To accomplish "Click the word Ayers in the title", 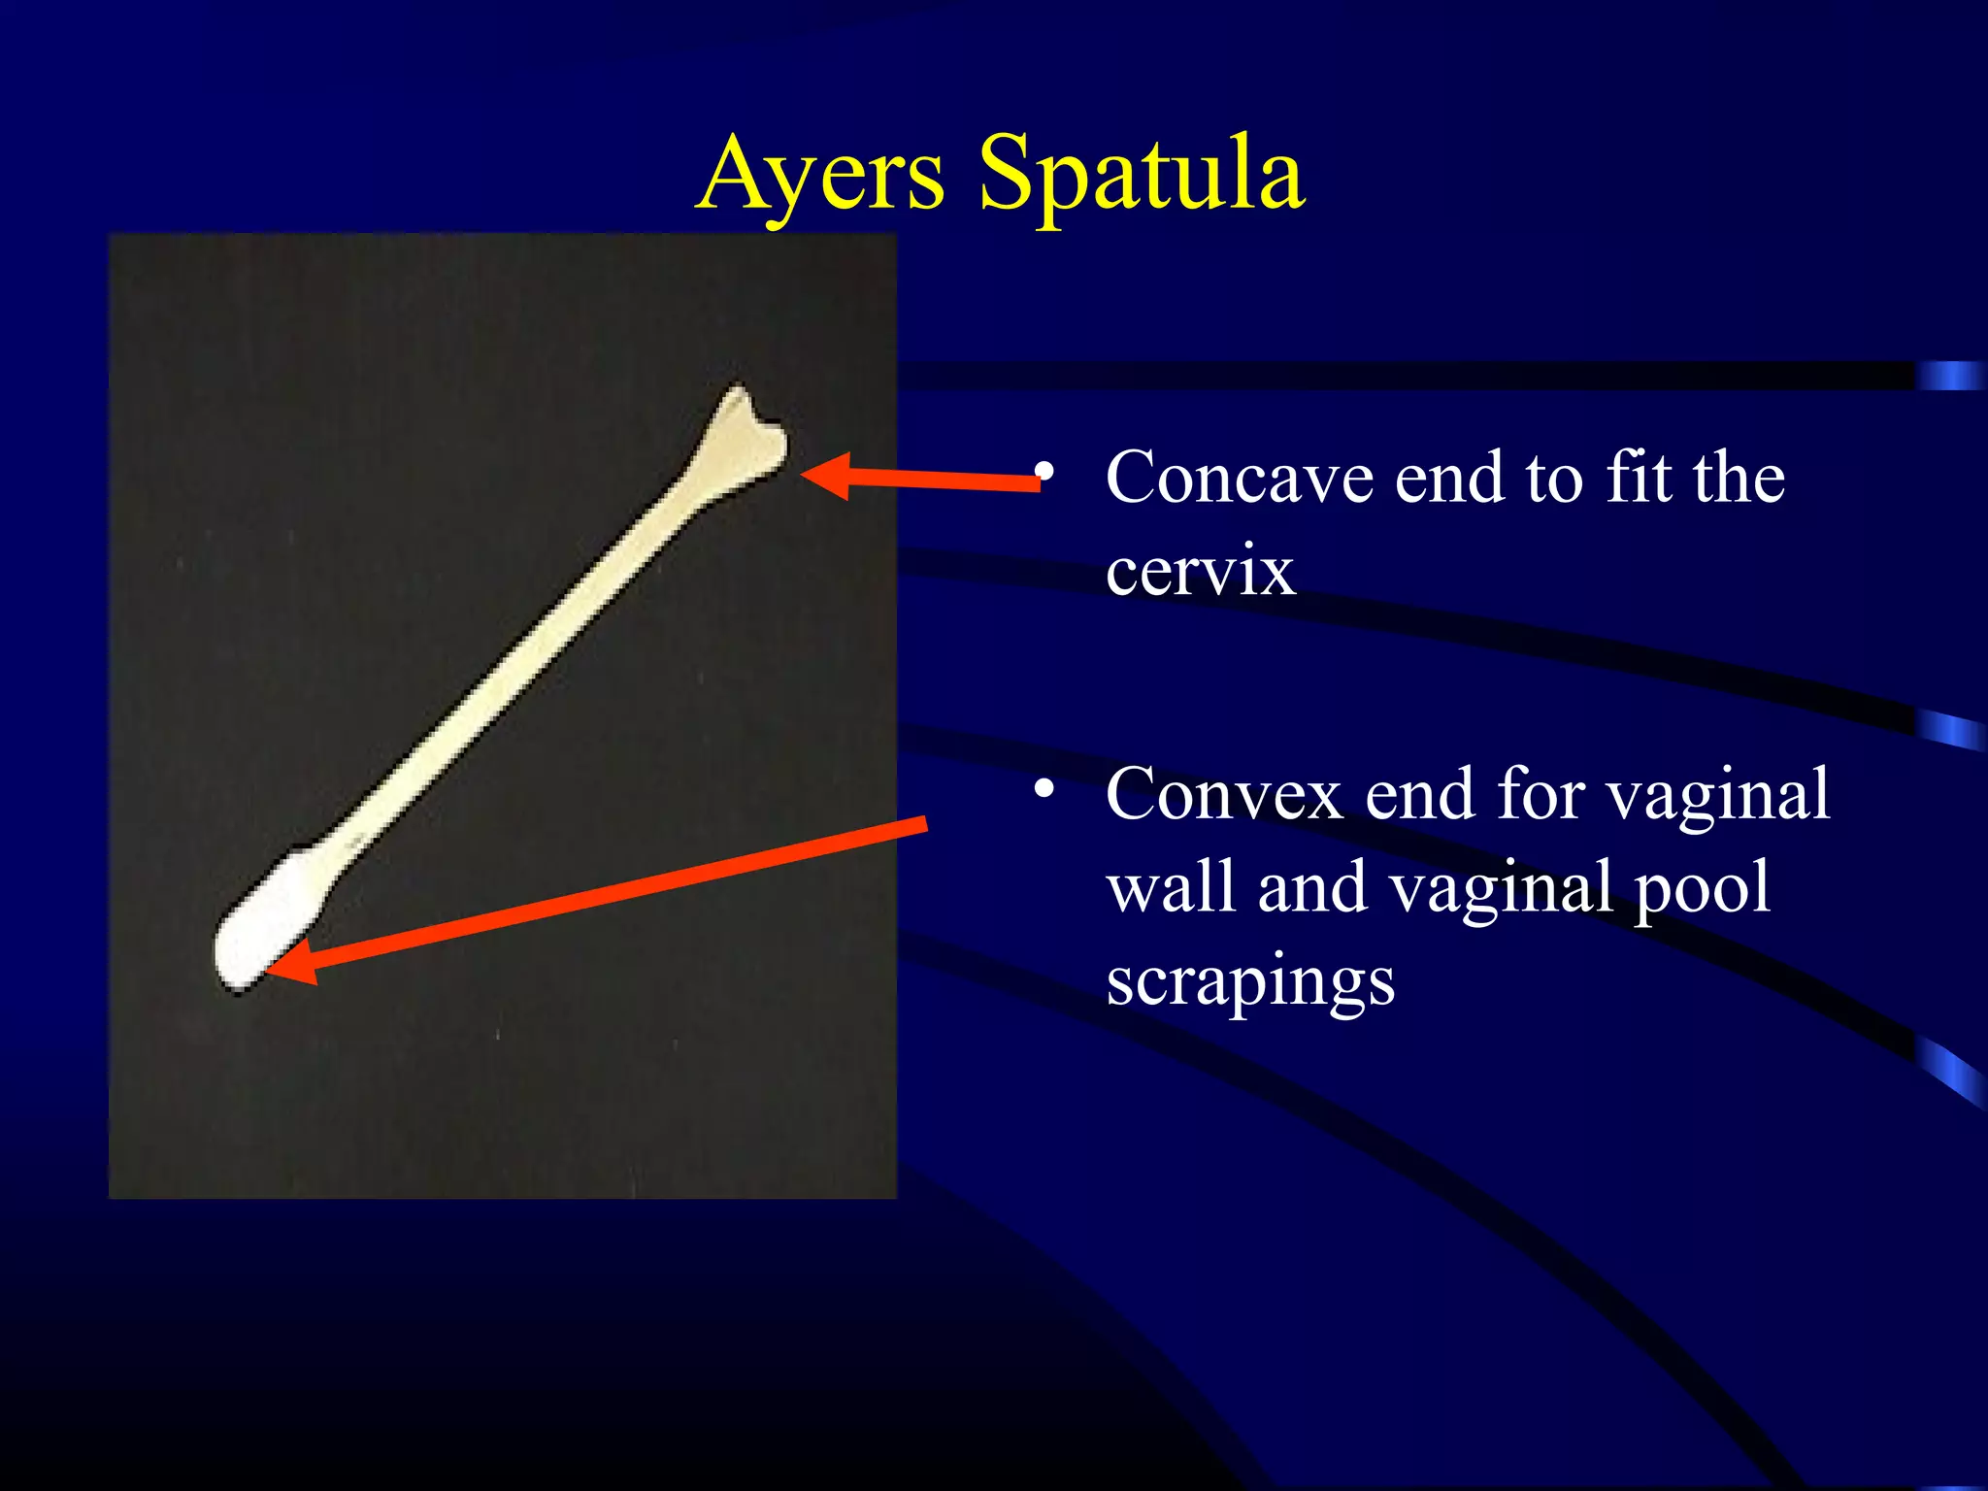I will pos(820,175).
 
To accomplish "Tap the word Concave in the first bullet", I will pos(1238,479).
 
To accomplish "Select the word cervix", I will pos(1200,571).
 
